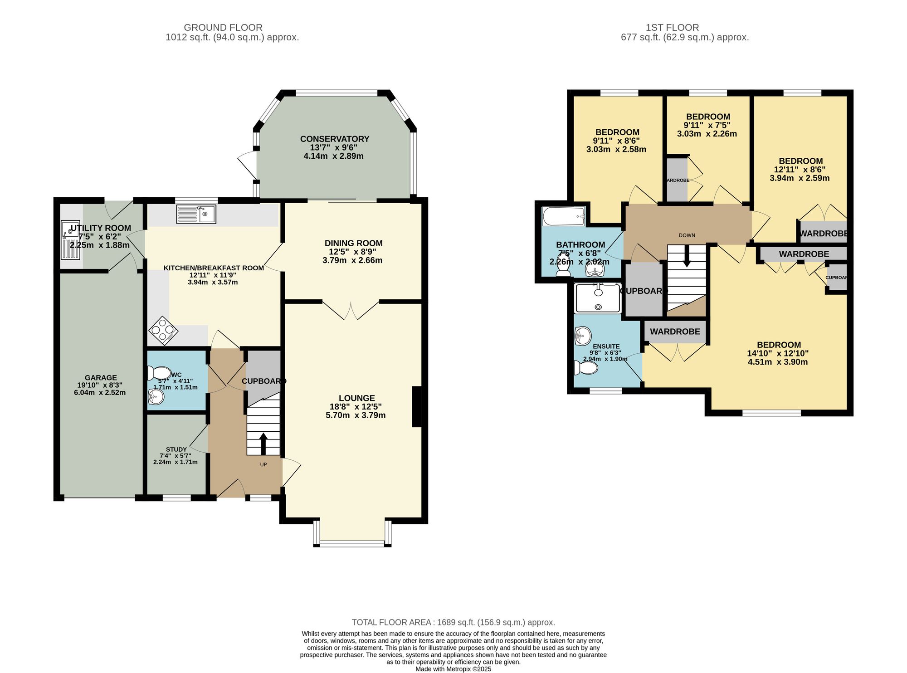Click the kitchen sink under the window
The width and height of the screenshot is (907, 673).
point(196,214)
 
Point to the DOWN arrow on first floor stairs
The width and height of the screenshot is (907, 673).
point(687,256)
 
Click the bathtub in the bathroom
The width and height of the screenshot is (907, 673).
point(564,217)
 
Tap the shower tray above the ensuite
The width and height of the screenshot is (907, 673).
point(598,298)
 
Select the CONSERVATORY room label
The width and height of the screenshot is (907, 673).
point(334,139)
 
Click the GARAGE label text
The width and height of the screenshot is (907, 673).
point(101,377)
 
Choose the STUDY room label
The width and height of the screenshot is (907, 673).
point(176,449)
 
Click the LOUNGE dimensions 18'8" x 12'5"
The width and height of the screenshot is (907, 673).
point(356,407)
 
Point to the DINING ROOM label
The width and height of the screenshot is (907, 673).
point(353,243)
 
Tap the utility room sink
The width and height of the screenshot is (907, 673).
point(70,240)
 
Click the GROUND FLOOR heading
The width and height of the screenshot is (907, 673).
point(223,28)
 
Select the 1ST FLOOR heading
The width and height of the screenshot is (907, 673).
point(672,28)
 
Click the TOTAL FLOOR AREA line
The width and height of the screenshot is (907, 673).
point(453,622)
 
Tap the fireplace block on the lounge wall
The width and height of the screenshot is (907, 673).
point(416,406)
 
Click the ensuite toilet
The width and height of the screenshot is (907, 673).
point(585,367)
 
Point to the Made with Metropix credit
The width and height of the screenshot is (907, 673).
point(453,669)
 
